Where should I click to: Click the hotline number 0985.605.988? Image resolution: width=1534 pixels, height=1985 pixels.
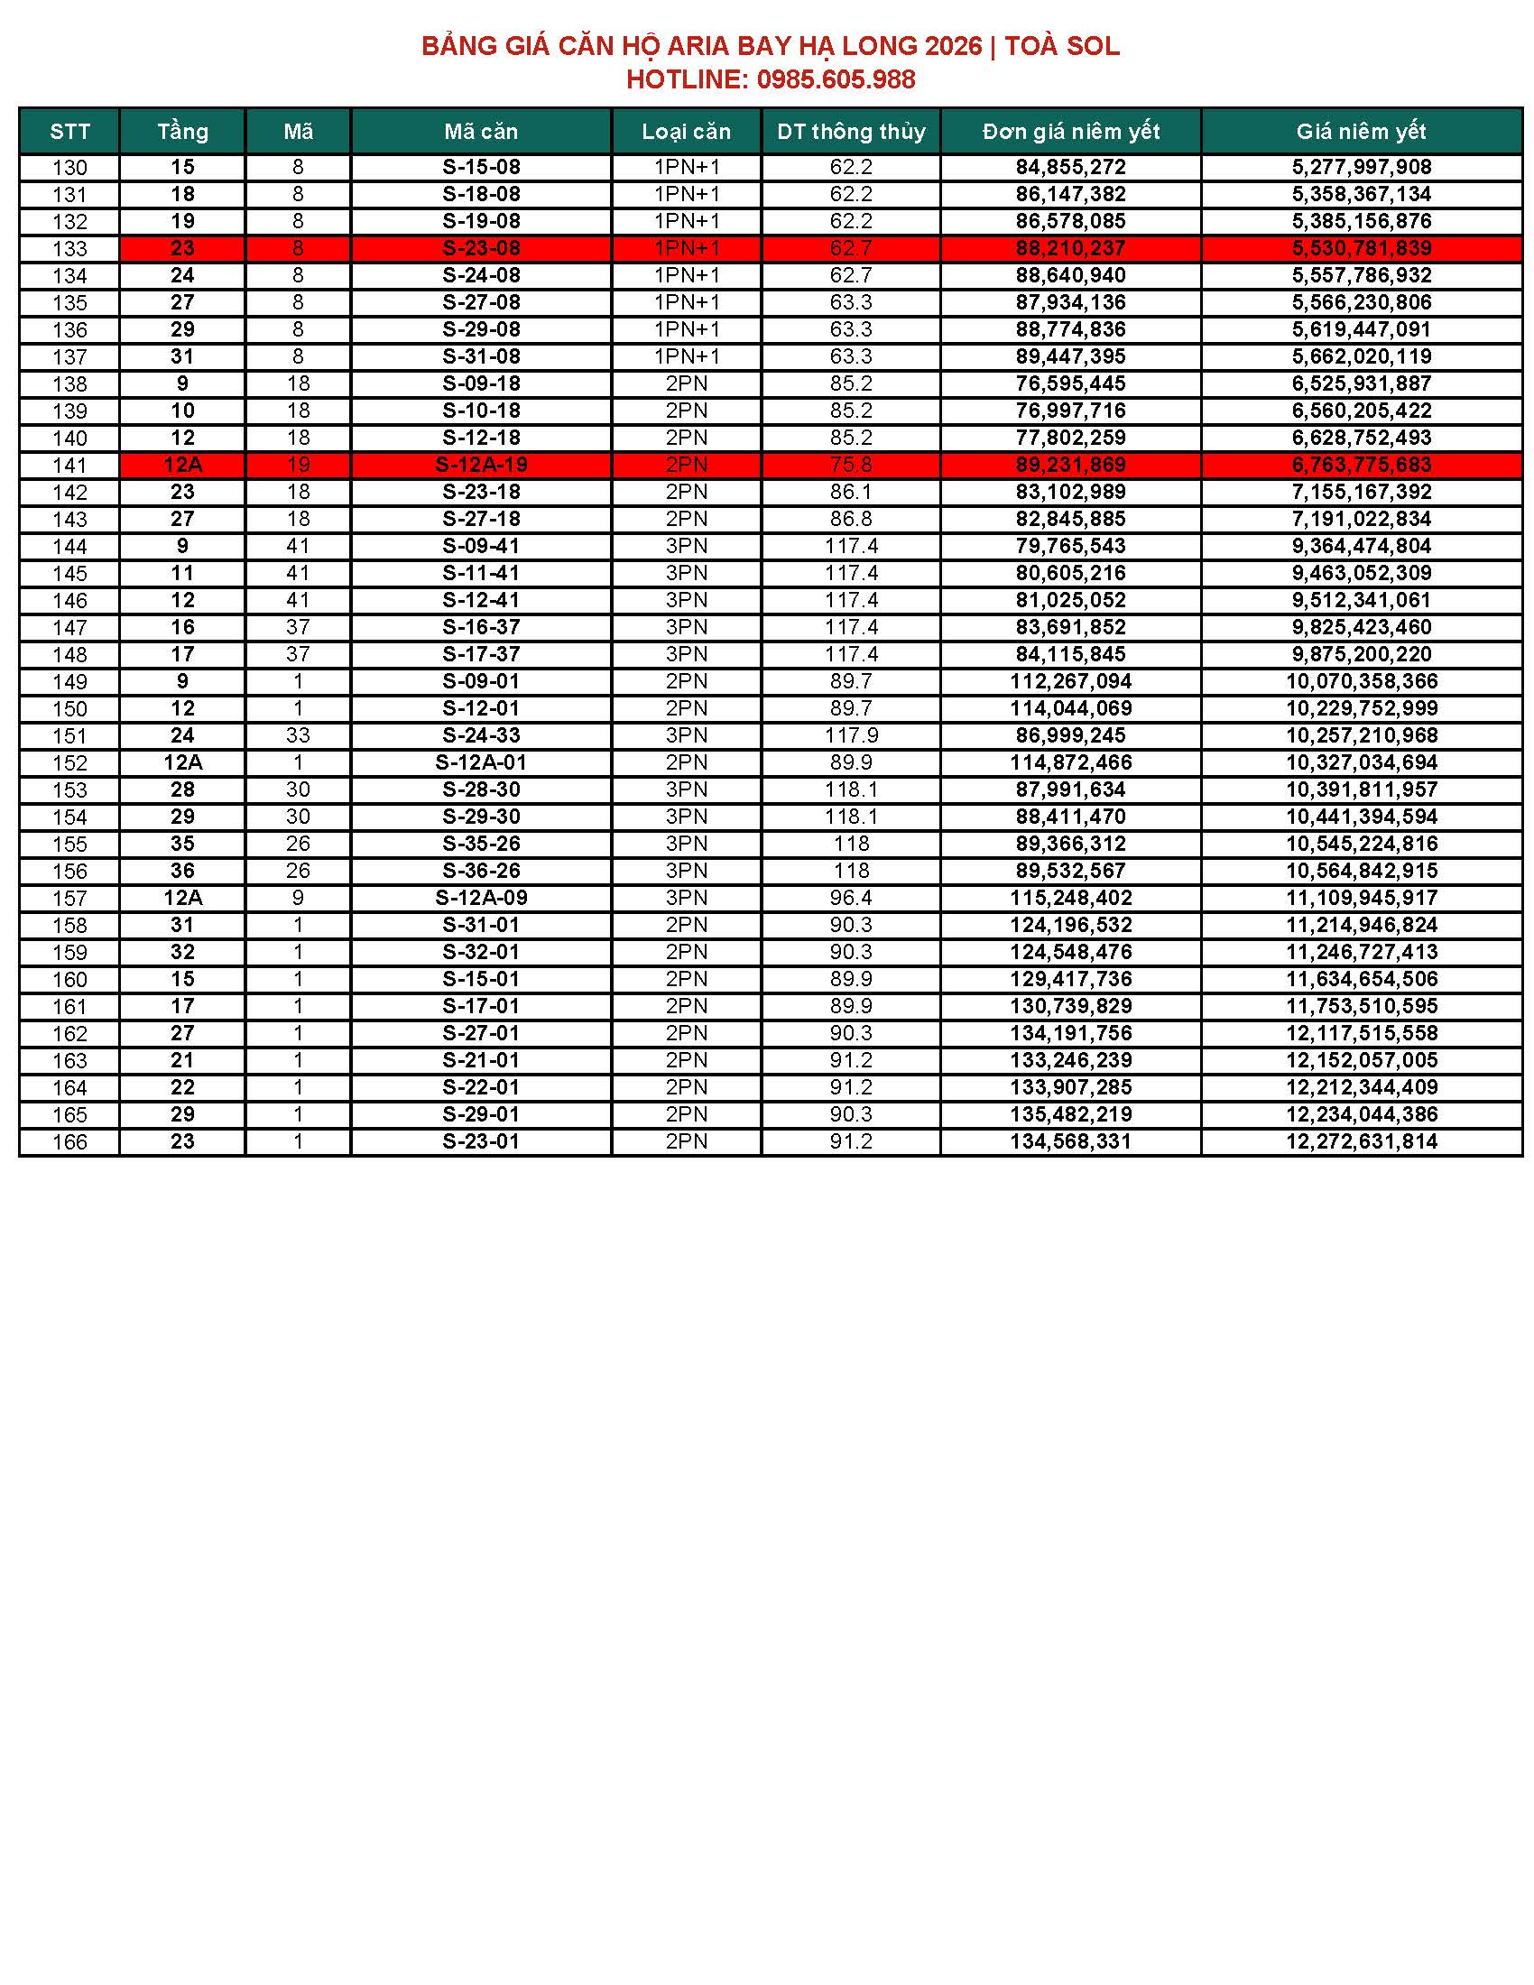[x=836, y=80]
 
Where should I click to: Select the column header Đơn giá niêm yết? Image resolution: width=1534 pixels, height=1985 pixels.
[x=1070, y=132]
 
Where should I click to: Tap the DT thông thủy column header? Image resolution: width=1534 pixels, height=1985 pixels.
[x=851, y=132]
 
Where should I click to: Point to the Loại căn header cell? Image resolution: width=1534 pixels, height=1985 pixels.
[x=686, y=132]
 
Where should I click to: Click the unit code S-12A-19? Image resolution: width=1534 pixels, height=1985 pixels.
[x=481, y=466]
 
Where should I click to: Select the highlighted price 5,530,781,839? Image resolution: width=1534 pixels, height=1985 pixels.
[x=1362, y=248]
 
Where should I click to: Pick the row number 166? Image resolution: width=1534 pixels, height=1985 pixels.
[x=70, y=1142]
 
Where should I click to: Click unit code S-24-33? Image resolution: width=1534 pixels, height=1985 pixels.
[x=481, y=735]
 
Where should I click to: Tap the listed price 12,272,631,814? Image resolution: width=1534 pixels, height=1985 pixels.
[x=1362, y=1141]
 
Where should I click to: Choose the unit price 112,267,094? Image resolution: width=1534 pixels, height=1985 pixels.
[x=1070, y=681]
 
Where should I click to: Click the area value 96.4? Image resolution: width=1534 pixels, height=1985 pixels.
[x=851, y=898]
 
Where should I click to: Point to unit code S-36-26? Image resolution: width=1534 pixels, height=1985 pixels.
[x=481, y=871]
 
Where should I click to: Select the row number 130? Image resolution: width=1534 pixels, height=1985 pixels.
[x=70, y=168]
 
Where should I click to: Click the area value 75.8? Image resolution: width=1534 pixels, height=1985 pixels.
[x=851, y=466]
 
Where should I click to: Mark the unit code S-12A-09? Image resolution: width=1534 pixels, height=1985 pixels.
[x=481, y=898]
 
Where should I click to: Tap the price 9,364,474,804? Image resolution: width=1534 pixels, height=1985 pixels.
[x=1362, y=546]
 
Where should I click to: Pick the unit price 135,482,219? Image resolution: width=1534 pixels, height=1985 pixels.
[x=1070, y=1114]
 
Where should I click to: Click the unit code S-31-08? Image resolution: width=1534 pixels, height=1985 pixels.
[x=481, y=356]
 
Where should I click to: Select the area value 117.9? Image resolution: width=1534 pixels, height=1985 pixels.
[x=851, y=735]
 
